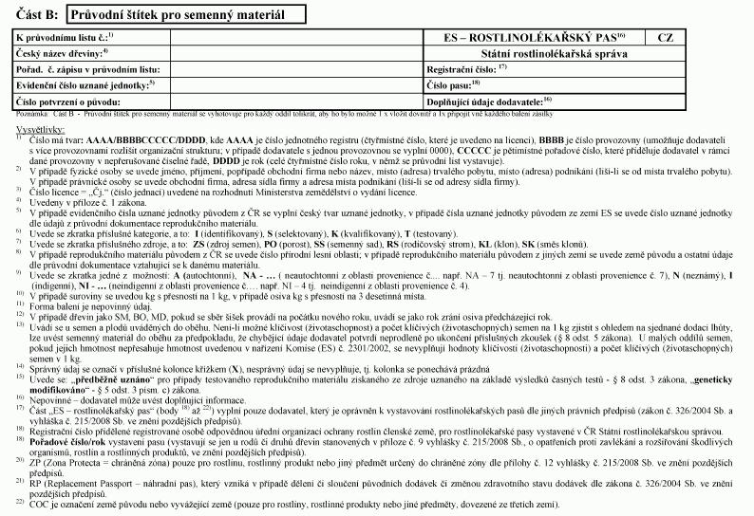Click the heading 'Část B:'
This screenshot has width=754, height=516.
tap(36, 14)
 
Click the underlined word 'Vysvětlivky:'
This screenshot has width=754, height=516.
tap(39, 126)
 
